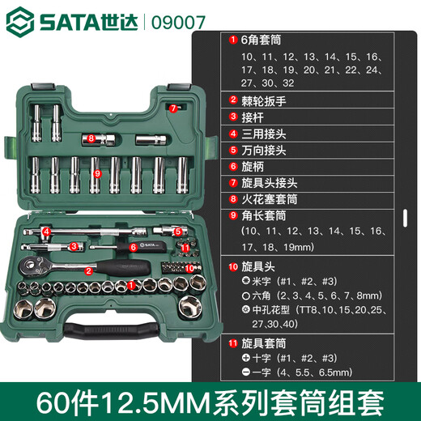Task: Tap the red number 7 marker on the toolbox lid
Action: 172,108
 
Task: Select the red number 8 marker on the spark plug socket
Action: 91,138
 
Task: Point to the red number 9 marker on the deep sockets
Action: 96,172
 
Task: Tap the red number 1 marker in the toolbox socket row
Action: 129,284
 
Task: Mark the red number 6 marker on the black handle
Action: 132,246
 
